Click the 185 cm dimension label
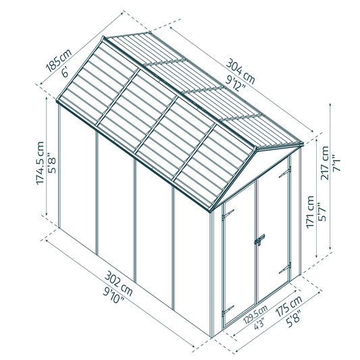click(x=59, y=60)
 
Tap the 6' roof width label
click(x=65, y=72)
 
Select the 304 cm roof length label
click(x=240, y=72)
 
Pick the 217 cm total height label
click(x=325, y=163)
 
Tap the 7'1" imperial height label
click(x=336, y=164)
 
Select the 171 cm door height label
click(x=311, y=211)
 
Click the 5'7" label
click(x=322, y=211)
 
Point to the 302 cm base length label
click(x=118, y=284)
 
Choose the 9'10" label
click(x=113, y=296)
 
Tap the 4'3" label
click(x=259, y=323)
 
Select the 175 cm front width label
click(x=288, y=307)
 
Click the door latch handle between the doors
click(x=259, y=240)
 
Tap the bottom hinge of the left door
click(x=228, y=310)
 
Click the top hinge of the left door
click(x=228, y=213)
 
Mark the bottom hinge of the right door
click(x=285, y=268)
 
